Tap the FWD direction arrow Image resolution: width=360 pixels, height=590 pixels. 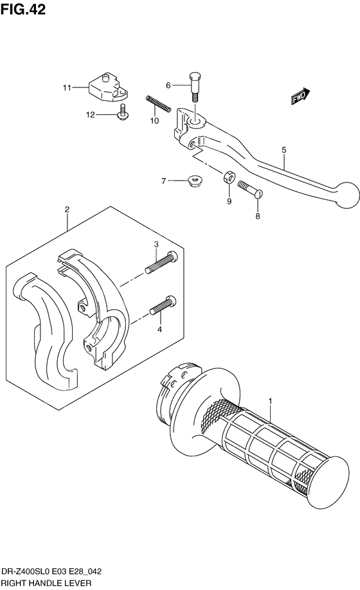[x=300, y=97]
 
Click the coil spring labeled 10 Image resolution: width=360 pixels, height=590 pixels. [x=157, y=103]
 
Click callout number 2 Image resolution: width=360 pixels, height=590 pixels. [x=66, y=210]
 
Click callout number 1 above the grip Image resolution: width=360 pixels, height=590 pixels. [x=271, y=401]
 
